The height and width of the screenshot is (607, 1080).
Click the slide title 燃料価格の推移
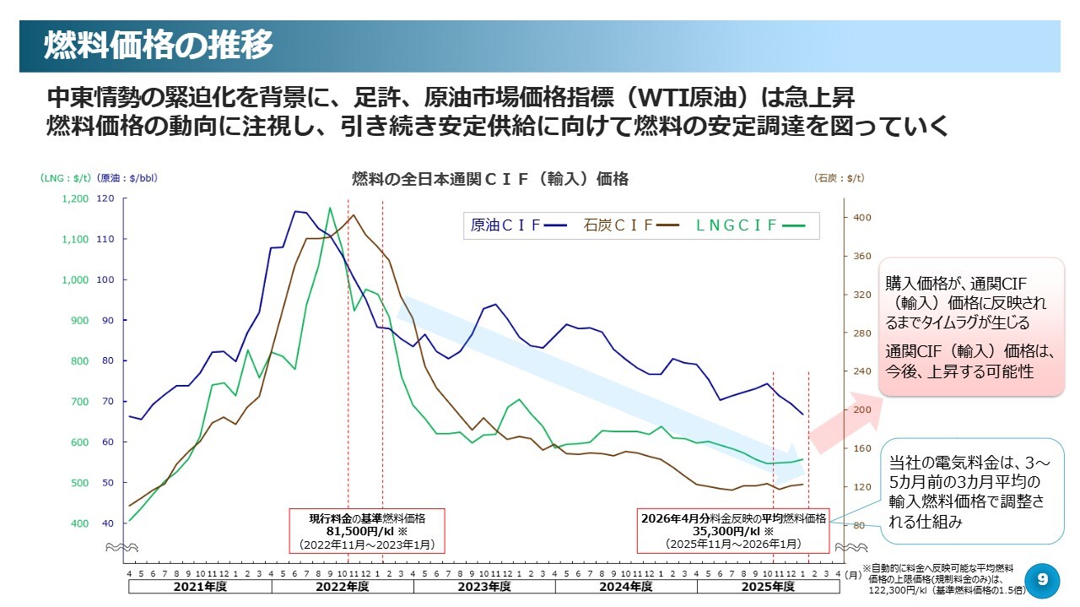[159, 46]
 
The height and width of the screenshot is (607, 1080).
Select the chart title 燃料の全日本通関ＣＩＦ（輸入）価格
[489, 179]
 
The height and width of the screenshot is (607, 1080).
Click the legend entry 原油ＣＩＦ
[505, 225]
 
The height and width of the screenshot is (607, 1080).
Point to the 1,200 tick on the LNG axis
[74, 199]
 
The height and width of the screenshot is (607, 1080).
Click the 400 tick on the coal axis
[861, 218]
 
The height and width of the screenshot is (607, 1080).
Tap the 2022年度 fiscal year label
[341, 586]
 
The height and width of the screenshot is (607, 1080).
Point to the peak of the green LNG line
[330, 208]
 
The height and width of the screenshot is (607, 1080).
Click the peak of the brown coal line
[354, 215]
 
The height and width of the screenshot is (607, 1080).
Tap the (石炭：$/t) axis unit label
[840, 178]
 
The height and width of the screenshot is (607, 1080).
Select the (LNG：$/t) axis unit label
[65, 178]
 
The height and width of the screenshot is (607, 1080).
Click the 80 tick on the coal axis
[859, 526]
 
